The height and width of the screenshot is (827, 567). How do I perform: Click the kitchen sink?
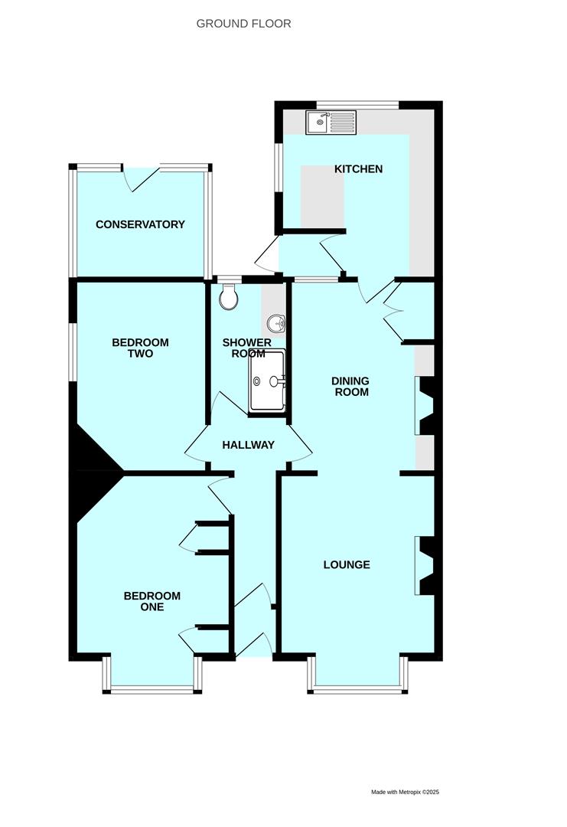point(331,123)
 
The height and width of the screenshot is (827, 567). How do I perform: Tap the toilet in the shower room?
point(229,296)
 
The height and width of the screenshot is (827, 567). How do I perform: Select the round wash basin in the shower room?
point(276,321)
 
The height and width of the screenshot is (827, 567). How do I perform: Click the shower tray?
point(267,381)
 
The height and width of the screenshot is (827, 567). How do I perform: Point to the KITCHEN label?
point(358,168)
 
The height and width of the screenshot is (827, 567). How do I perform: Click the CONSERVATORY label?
point(140,224)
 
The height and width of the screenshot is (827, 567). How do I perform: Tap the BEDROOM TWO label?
point(140,348)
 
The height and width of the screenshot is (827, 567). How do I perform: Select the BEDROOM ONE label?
point(152,601)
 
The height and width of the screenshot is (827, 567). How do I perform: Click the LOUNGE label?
point(347,564)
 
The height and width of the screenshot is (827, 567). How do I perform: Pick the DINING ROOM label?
point(350,386)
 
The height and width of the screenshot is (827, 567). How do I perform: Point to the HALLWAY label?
point(248,445)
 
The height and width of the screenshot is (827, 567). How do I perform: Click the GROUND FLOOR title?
point(243,24)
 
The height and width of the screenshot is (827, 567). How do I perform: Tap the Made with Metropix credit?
point(405,792)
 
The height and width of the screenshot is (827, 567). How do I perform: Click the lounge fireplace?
point(425,566)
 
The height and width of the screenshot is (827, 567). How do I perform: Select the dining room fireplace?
point(425,406)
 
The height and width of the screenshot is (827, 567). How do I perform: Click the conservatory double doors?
point(141,178)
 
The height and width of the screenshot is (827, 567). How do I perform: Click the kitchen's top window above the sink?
point(358,104)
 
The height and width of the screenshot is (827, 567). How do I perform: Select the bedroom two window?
point(73,351)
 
